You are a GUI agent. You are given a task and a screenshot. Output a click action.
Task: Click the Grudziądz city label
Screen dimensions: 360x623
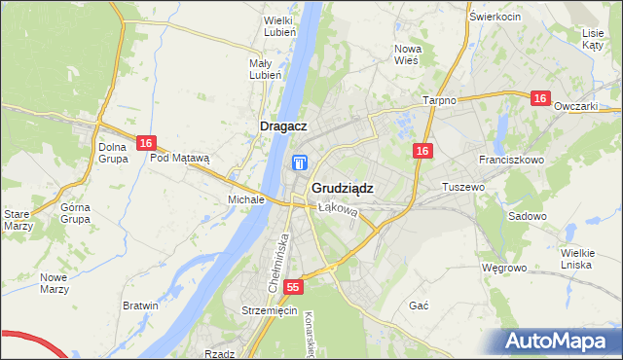342,188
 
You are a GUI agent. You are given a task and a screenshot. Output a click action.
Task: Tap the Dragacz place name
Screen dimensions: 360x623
284,126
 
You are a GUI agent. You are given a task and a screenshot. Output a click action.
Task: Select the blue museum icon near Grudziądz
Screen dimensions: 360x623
301,163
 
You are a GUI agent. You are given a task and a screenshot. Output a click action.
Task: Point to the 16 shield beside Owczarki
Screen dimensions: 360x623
541,98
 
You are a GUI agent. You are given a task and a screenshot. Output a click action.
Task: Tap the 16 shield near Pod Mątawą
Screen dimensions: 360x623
145,143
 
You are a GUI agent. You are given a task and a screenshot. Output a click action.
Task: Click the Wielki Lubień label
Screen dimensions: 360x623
279,25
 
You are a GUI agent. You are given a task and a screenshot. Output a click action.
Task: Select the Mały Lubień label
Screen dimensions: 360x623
266,69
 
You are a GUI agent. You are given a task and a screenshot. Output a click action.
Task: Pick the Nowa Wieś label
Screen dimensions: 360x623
406,54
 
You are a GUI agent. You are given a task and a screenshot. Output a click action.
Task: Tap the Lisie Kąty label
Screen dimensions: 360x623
593,38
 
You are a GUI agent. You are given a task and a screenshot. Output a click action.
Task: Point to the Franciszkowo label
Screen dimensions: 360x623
511,159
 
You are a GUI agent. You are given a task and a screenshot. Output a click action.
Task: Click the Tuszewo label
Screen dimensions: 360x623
463,186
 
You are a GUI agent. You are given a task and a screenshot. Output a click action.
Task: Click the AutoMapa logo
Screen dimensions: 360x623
559,342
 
